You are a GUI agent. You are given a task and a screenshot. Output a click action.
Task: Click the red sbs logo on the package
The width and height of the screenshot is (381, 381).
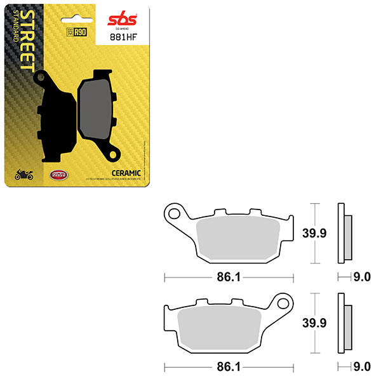(x=119, y=17)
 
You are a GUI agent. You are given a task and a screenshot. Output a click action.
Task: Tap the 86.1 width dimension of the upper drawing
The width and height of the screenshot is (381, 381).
(x=229, y=277)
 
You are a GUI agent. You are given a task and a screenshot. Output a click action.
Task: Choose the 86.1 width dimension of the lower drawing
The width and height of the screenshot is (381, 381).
(x=229, y=367)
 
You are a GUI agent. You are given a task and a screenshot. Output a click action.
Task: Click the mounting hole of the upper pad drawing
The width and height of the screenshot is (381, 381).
(x=173, y=212)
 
